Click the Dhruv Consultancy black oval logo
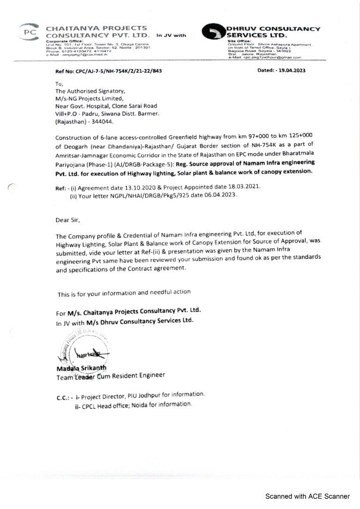pos(214,31)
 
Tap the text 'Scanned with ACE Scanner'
pos(307,496)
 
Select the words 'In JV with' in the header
pos(171,35)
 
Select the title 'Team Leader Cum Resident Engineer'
pos(111,375)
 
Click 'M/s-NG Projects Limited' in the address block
pos(90,98)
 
